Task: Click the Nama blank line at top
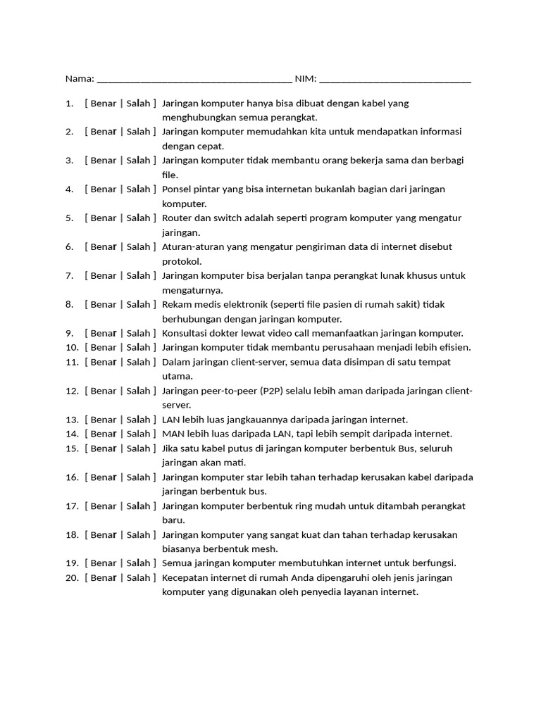(194, 79)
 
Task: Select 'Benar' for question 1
(103, 104)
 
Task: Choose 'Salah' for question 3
(138, 161)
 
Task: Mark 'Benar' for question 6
(103, 247)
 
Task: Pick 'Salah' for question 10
(138, 347)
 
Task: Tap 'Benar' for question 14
(103, 434)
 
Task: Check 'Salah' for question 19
(138, 563)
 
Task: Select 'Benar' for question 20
(103, 578)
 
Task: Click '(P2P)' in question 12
(273, 391)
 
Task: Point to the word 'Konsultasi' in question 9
(185, 333)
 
